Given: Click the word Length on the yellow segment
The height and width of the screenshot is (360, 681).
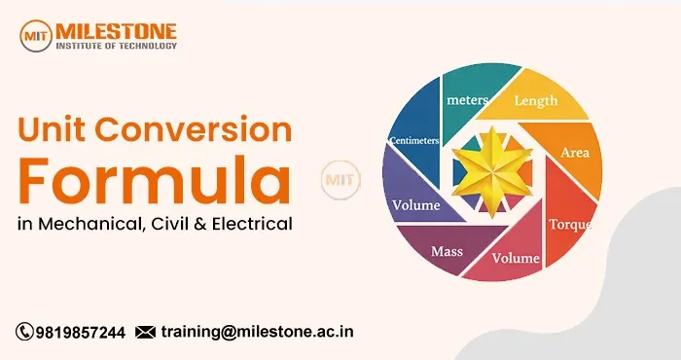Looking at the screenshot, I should coord(536,99).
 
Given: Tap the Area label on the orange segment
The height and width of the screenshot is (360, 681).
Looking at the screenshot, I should coord(575,153).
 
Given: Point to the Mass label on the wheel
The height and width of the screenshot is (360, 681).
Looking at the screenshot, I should coord(448,251).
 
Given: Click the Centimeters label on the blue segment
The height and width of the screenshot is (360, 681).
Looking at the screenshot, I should coord(413,140).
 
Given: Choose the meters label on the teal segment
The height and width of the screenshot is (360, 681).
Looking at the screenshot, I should coord(467,99).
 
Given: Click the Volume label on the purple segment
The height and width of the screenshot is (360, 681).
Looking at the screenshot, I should coord(415,205).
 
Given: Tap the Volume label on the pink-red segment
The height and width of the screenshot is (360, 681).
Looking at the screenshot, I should coord(515,260).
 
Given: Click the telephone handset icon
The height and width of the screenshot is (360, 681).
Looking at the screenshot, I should coord(23,332).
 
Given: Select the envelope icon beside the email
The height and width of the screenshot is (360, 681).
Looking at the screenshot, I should coord(146,332).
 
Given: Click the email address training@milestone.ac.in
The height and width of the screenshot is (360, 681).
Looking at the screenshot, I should coord(257,332).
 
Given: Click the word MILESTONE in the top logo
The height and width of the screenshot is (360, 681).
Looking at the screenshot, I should coord(117,28).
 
